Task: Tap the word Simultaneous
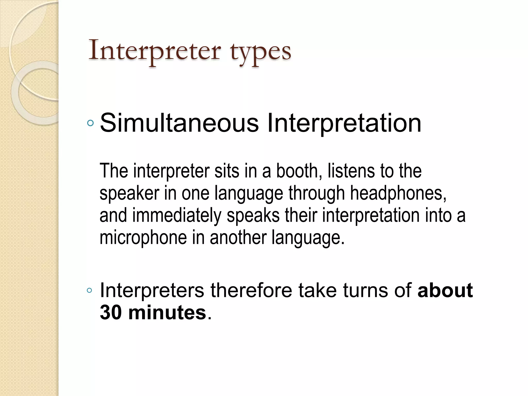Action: click(179, 123)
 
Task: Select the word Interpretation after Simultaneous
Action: click(344, 123)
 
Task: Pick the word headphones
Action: click(398, 193)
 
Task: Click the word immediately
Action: click(177, 216)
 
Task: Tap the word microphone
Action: click(143, 237)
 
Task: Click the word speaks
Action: click(253, 216)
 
